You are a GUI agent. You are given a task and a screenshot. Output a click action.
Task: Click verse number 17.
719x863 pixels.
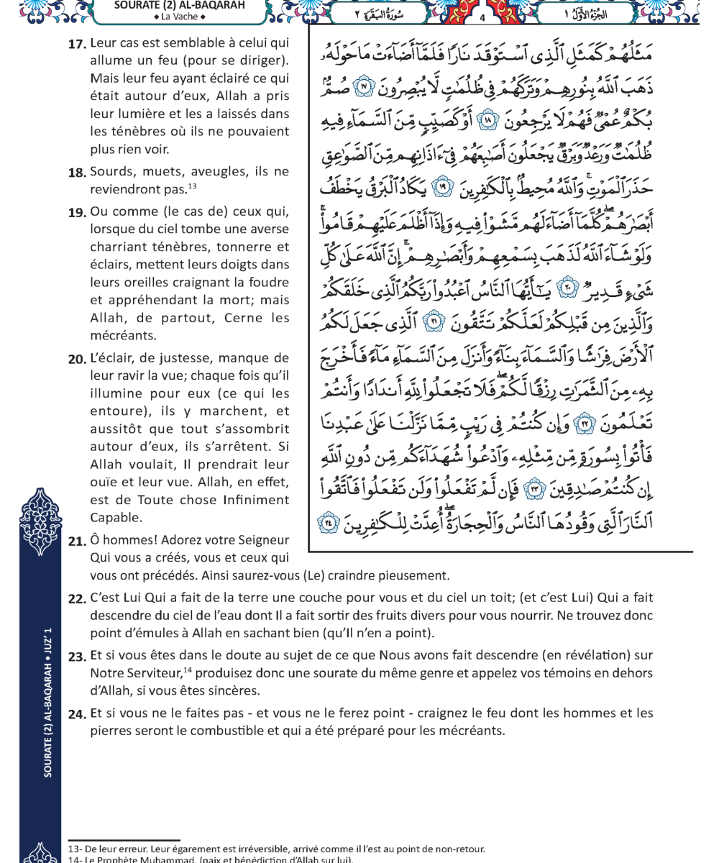pos(77,45)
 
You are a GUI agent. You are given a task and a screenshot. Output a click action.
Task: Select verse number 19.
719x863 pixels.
pos(77,213)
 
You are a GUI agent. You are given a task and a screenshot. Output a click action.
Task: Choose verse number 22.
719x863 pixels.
pos(77,598)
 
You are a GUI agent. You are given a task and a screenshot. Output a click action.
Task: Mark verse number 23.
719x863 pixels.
pos(77,656)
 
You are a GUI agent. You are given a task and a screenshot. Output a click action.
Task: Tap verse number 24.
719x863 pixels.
pos(77,714)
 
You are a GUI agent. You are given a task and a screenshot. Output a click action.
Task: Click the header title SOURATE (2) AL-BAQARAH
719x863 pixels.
pos(179,6)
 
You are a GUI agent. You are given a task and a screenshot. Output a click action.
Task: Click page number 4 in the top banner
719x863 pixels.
pos(482,17)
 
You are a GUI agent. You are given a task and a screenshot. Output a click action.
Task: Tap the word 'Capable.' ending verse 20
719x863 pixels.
pos(115,518)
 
